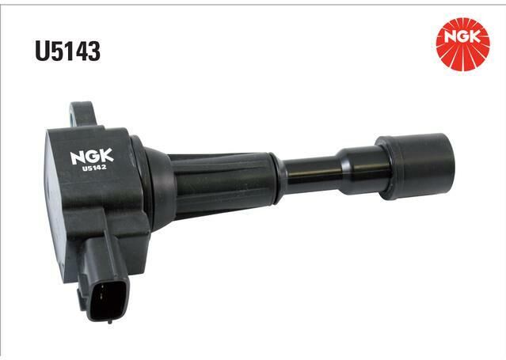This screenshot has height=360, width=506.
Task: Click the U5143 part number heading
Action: tap(68, 51)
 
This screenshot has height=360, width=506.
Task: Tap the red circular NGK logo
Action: tap(462, 44)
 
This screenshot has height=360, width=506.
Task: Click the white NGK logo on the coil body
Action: tap(92, 156)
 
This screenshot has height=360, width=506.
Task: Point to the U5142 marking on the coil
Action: tap(94, 168)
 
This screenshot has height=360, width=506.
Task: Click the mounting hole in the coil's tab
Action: tap(71, 115)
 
